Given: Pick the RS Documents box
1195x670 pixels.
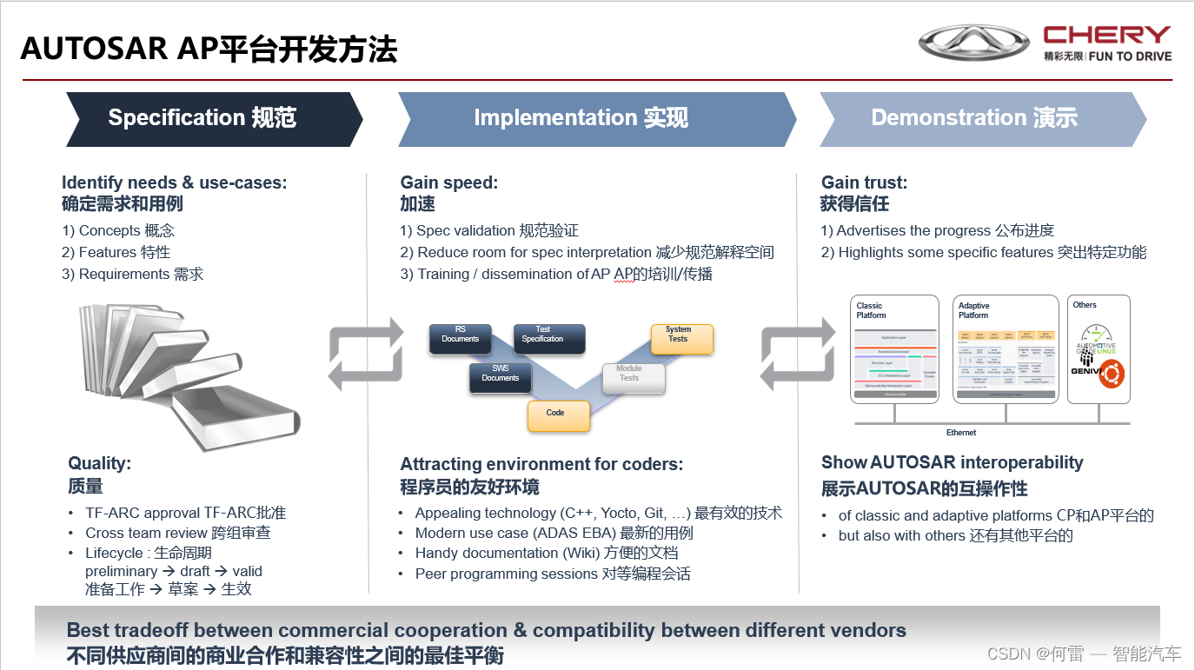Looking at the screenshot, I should pos(461,338).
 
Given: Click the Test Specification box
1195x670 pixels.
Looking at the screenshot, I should pos(548,338).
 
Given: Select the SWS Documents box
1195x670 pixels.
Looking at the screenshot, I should pos(501,378).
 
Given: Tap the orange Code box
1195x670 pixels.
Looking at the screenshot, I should pos(558,415).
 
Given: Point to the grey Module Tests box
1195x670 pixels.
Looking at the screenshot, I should pos(634,378).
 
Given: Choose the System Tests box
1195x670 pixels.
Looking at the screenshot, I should pos(681,338).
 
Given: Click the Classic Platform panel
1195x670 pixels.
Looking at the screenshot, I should pos(895,349).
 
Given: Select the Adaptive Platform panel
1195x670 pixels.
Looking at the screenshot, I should pos(1006,349).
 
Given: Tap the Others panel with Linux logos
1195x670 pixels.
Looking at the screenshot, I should pos(1099,349).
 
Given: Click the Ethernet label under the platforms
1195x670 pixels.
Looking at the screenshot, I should pos(960,432).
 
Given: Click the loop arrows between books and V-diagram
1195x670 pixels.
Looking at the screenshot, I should pos(366,355).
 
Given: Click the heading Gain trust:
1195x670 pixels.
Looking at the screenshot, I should pos(864,182).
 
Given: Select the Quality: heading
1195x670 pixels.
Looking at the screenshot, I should pos(100,463).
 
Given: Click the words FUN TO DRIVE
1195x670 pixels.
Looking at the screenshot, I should pos(1130,56).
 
